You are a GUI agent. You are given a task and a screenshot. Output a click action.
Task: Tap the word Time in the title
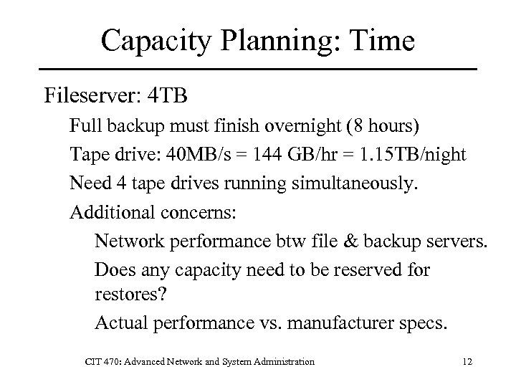[381, 41]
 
